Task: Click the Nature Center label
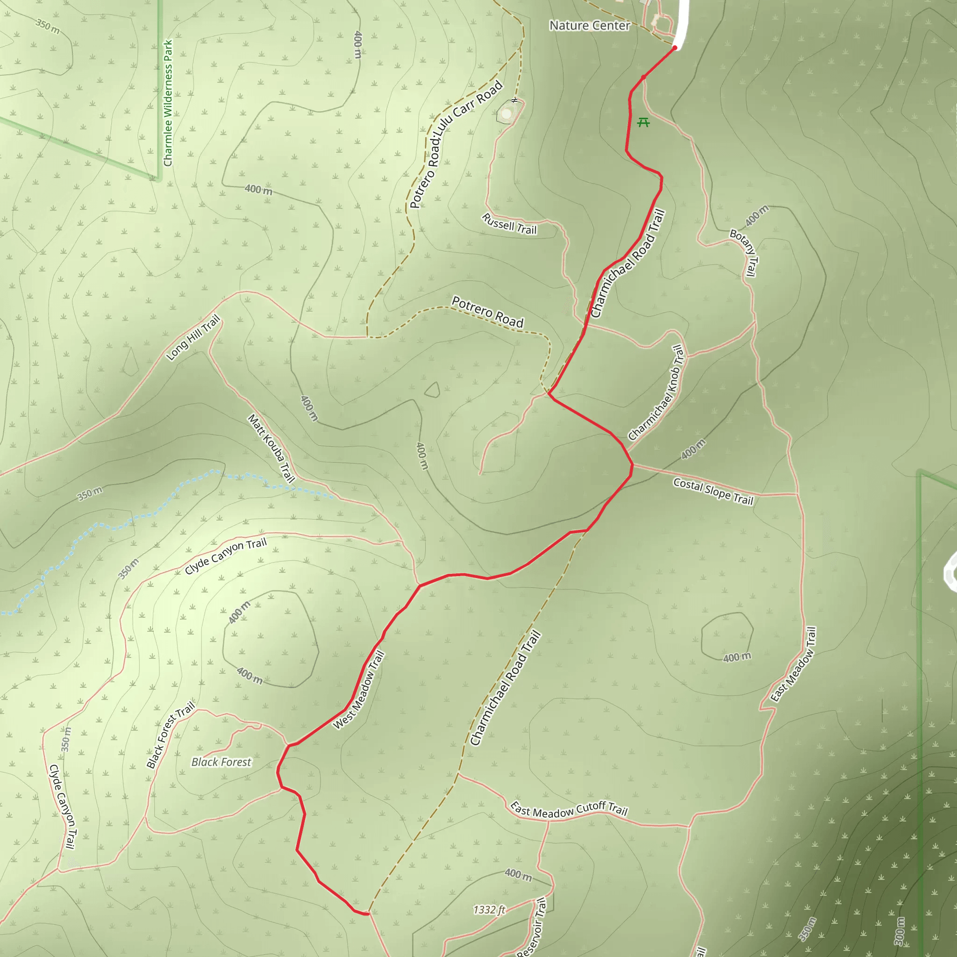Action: coord(589,25)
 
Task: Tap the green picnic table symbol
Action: coord(643,122)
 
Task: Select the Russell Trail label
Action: coord(509,224)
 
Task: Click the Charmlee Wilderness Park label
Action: coord(168,103)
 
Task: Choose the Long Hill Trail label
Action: coord(193,338)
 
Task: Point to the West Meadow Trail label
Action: coord(358,690)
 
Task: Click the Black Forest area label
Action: coord(221,762)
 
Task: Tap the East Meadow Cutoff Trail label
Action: coord(569,809)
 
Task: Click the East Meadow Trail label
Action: coord(793,664)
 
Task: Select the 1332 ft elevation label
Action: coord(489,909)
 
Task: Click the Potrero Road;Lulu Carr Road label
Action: coord(456,144)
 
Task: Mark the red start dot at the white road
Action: coord(675,48)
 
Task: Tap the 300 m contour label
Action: coord(900,931)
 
